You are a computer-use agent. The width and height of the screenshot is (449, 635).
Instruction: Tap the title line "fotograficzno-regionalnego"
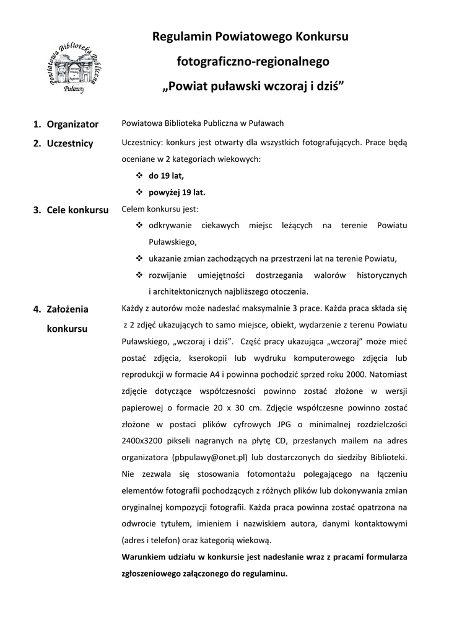(x=253, y=61)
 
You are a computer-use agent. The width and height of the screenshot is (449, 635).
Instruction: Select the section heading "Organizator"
(x=72, y=124)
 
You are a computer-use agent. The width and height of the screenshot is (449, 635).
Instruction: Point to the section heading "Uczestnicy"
(x=70, y=144)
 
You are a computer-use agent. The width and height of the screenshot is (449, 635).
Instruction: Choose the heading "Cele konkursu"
(x=77, y=210)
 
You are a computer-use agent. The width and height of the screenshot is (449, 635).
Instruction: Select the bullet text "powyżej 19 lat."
(x=177, y=192)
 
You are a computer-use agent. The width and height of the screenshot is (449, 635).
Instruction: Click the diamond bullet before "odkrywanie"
(x=139, y=225)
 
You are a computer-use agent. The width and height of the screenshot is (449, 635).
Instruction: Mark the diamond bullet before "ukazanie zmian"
(x=139, y=259)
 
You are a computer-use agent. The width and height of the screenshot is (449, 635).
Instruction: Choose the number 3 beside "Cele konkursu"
(x=37, y=210)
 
